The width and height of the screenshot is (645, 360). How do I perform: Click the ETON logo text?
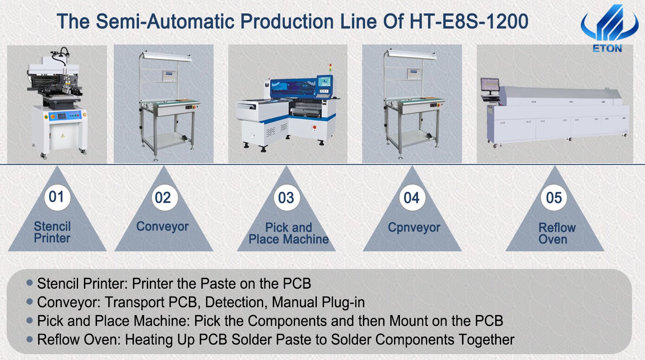click(607, 48)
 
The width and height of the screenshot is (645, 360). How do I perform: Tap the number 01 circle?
click(57, 197)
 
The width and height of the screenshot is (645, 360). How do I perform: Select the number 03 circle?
click(287, 198)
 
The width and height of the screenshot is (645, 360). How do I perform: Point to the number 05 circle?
click(554, 198)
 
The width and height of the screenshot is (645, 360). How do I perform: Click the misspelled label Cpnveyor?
click(414, 227)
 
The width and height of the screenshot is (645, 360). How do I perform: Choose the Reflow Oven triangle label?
click(557, 233)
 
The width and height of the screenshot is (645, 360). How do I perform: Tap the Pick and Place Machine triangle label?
click(289, 233)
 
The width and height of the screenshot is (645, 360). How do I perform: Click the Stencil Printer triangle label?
click(52, 232)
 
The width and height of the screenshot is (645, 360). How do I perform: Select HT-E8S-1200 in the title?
click(469, 21)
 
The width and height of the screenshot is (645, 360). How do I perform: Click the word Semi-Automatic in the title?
click(165, 21)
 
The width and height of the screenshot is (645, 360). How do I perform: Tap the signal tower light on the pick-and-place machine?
click(330, 69)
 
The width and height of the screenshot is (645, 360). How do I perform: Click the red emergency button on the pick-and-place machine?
click(314, 127)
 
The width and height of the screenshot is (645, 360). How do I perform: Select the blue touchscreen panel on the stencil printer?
click(62, 116)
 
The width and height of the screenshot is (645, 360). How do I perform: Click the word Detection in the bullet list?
click(235, 302)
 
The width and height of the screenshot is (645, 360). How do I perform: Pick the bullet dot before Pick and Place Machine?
click(29, 320)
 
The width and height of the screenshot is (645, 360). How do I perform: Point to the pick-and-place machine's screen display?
click(324, 82)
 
